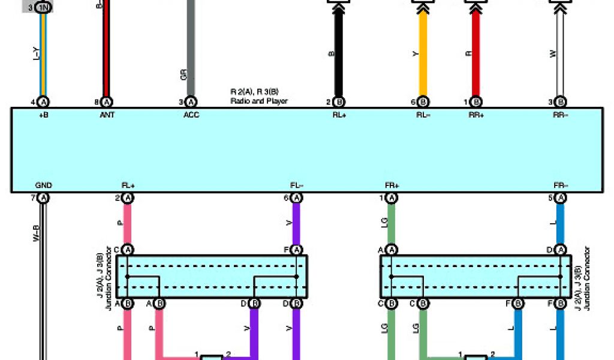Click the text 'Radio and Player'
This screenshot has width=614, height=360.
pos(259,101)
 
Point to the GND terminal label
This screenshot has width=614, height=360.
pos(43,186)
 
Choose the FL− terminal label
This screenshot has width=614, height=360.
pos(296,186)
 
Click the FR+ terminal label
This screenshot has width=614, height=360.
pos(392,186)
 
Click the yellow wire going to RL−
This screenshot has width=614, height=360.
pos(423,54)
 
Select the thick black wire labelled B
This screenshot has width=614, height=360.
pos(338,54)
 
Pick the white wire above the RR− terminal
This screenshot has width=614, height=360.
pos(561,54)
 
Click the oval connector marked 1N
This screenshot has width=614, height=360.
pos(43,8)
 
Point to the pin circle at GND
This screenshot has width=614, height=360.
pos(43,198)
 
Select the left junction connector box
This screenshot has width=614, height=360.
pos(212,277)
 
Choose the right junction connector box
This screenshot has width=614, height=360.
pos(476,277)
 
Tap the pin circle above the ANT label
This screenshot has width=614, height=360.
pos(106,102)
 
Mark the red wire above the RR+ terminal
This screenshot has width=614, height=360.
pos(476,54)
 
